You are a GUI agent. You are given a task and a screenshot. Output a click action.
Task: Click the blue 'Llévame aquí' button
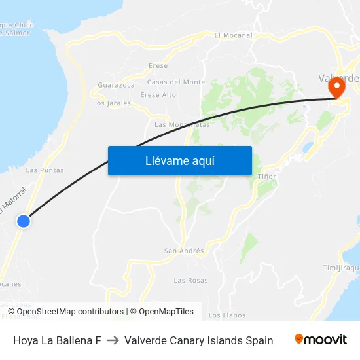(179, 160)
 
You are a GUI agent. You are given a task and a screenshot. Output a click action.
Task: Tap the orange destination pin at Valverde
(338, 88)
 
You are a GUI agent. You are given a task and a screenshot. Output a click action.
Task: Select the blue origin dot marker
(24, 221)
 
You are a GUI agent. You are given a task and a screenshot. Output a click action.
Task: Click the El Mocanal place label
(234, 35)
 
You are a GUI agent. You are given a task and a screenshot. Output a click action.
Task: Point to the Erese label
(158, 66)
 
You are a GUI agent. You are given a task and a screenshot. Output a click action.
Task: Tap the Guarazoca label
(116, 85)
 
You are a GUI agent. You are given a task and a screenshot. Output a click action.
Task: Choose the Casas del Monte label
(176, 82)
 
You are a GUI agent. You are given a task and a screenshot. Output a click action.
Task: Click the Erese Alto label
(158, 95)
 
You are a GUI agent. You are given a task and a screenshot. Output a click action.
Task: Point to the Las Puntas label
(45, 170)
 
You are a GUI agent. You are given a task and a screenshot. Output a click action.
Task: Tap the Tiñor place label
(267, 177)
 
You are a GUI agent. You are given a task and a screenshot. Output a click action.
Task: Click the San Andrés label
(184, 251)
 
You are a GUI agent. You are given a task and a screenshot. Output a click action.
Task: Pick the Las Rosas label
(190, 281)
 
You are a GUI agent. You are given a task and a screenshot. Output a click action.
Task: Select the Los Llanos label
(226, 315)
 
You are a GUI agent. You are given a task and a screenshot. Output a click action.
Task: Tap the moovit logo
(321, 340)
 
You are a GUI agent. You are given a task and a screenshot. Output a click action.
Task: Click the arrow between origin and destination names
(113, 340)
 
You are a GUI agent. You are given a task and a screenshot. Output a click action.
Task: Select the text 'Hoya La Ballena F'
(57, 340)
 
